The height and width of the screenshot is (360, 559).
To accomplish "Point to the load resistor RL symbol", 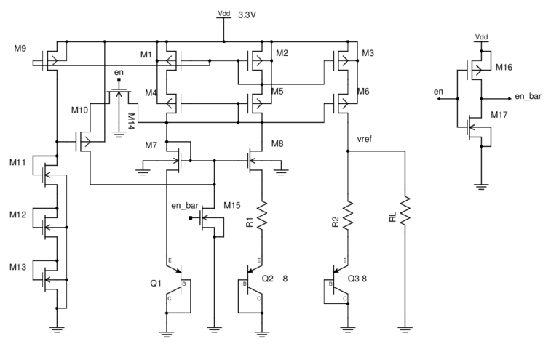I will coord(404,212).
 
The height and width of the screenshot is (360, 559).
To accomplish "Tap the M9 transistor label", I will coord(20,49).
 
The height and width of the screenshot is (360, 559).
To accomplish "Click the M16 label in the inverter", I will coord(504,68).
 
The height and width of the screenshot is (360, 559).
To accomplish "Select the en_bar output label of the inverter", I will coord(529,95).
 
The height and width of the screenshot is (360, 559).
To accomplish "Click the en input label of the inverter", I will coord(438,92).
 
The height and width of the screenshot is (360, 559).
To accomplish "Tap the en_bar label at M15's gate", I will coord(186,205).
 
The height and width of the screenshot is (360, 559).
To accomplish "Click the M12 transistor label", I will coord(19,215).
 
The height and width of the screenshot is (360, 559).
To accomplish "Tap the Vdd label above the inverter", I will coord(481,36).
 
